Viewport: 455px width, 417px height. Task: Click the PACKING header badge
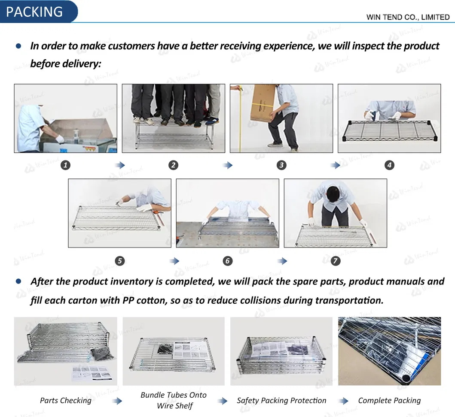coord(38,12)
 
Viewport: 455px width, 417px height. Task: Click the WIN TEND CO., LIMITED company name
coord(408,17)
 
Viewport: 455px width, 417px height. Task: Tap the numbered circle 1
coord(65,165)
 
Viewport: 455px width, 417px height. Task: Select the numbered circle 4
coord(389,165)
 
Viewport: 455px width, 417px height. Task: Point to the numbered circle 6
coord(228,261)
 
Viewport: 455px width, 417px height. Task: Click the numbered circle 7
coord(336,261)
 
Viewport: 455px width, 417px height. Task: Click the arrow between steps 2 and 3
coord(228,165)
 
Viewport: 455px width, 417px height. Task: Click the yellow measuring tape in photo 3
coord(240,119)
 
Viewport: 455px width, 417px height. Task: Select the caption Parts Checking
coord(66,400)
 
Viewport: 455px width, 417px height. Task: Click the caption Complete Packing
coord(389,400)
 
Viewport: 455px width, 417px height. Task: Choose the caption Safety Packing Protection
coord(281,400)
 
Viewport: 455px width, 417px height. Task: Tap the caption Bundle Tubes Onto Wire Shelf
coord(174,400)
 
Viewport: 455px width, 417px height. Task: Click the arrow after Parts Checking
coord(117,401)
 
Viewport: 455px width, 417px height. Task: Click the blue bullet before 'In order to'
coord(18,46)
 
